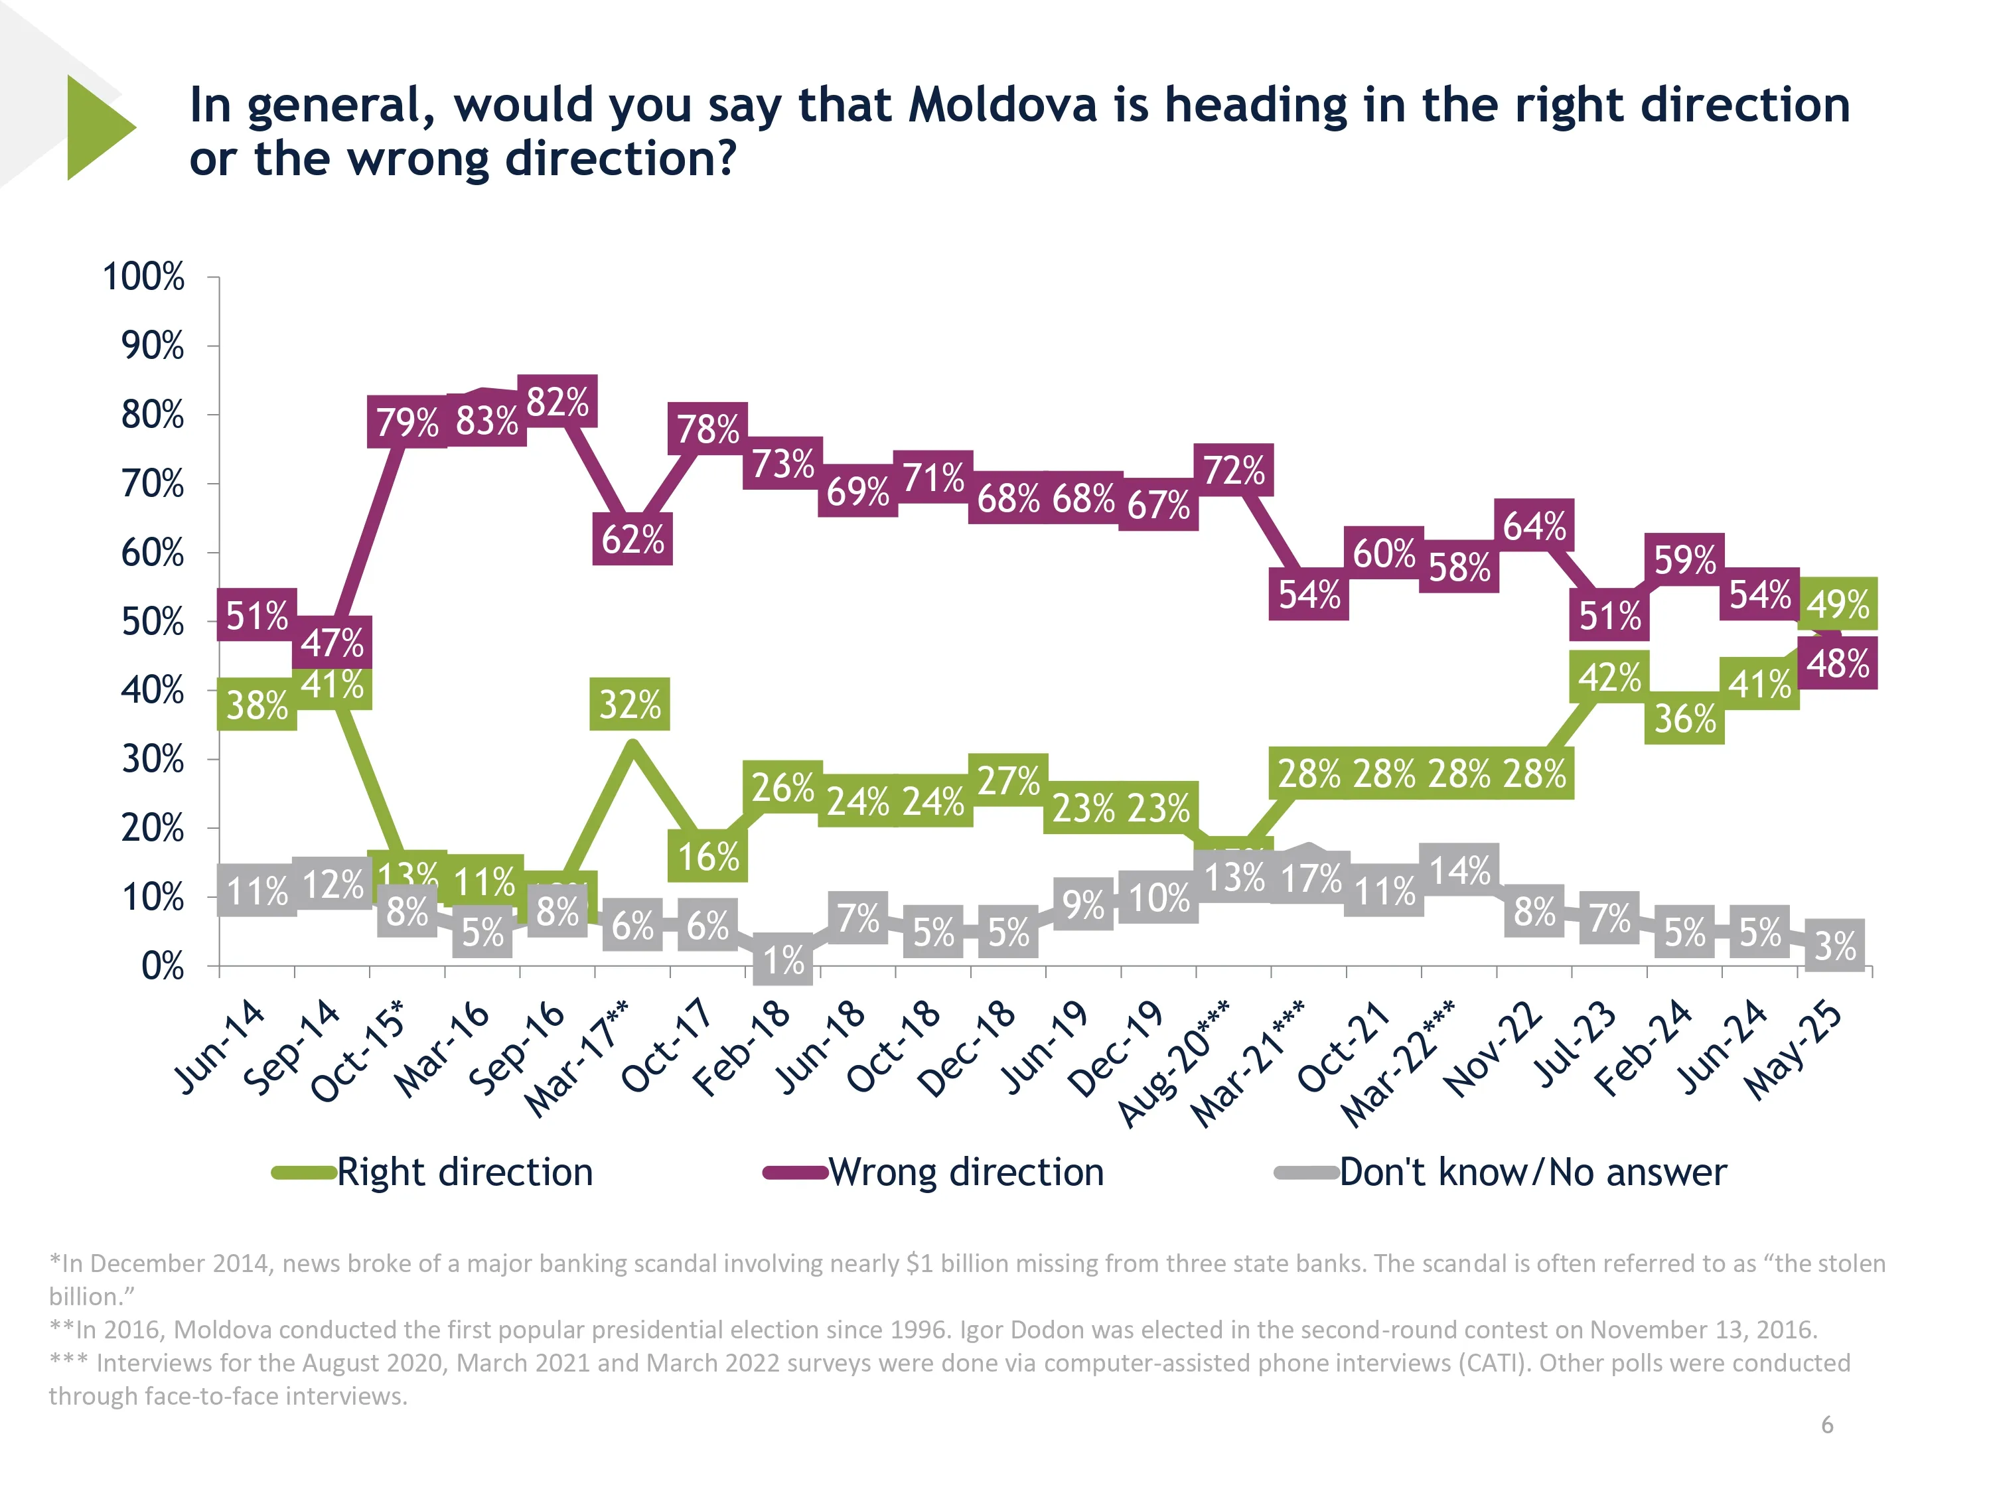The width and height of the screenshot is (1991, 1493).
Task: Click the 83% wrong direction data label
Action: pos(486,420)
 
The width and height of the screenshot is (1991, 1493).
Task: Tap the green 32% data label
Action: pos(630,704)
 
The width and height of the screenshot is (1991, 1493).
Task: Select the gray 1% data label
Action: pos(783,960)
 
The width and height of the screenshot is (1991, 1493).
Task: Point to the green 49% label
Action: pos(1837,604)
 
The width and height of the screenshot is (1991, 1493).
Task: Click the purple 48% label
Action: pos(1837,664)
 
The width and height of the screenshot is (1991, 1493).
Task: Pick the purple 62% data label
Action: pos(632,539)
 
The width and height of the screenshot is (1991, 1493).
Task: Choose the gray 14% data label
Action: pos(1459,870)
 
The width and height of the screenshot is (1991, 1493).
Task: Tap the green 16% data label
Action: pos(707,856)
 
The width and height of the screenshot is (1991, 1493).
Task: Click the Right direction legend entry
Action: pos(463,1172)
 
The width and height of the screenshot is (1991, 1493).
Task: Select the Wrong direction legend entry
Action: pos(965,1172)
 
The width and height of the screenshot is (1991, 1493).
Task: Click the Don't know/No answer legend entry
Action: pos(1532,1172)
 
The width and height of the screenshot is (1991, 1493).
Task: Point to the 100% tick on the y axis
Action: pos(144,276)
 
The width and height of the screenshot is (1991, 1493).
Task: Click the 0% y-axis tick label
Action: pos(162,967)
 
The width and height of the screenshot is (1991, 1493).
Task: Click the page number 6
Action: pos(1826,1425)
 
